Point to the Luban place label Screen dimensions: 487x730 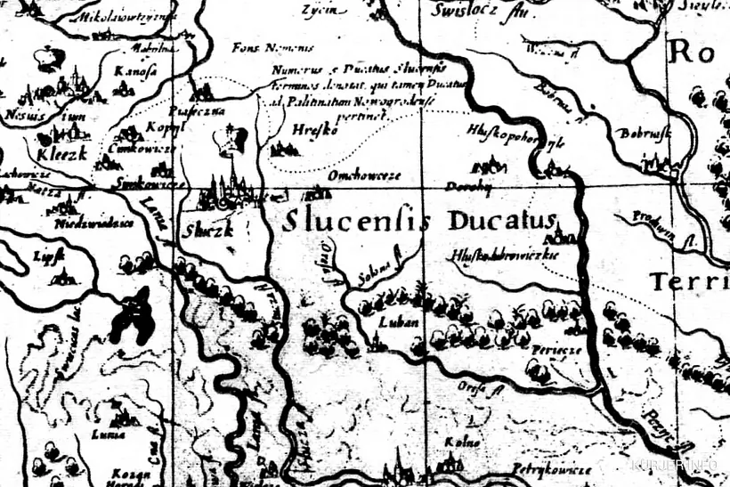coord(392,321)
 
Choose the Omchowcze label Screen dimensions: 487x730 coord(364,175)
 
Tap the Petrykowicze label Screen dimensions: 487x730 coord(551,467)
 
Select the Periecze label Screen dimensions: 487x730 coord(556,350)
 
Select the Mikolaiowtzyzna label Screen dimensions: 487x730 coord(124,17)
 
